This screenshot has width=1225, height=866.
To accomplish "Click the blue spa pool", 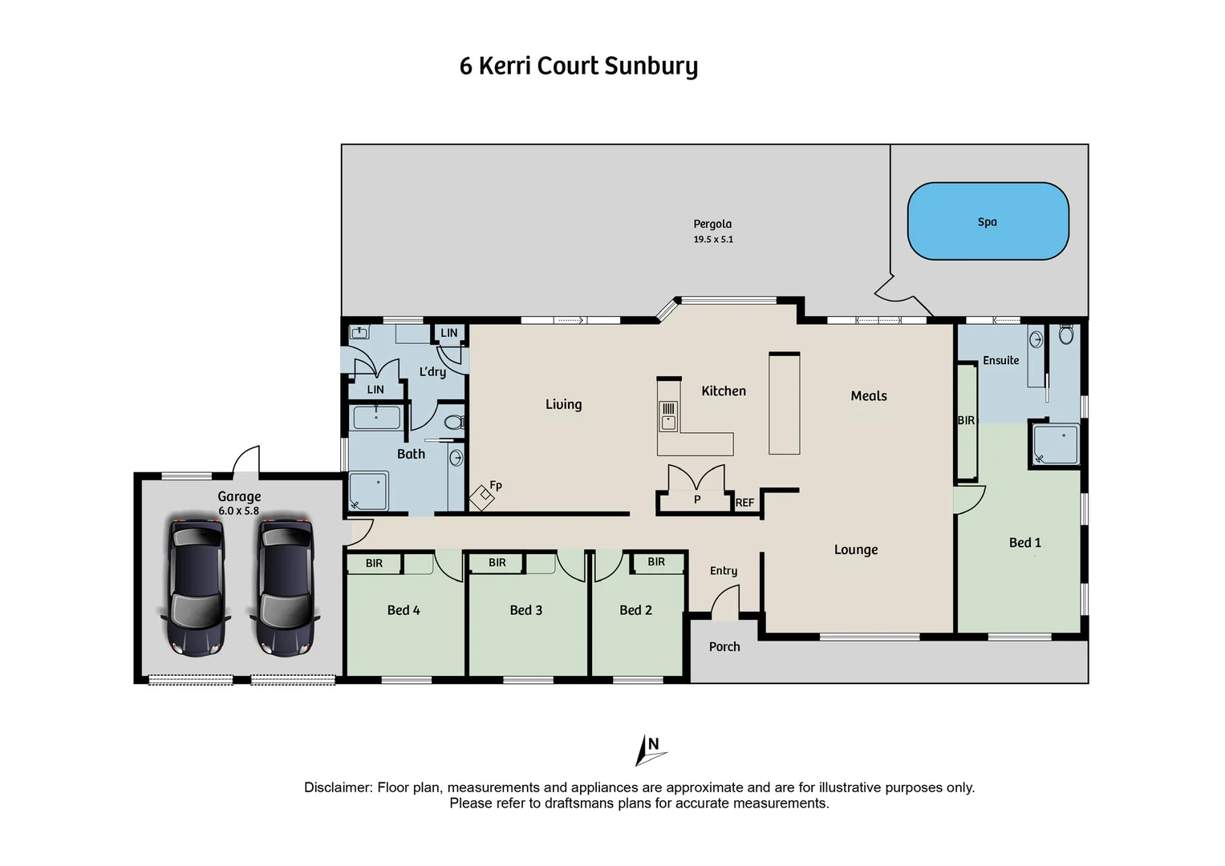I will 988,221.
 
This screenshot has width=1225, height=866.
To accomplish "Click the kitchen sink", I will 667,416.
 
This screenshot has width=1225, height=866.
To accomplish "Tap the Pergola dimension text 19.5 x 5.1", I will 713,239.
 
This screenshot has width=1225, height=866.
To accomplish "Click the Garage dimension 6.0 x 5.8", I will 238,511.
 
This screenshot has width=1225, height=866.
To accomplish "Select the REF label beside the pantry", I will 744,503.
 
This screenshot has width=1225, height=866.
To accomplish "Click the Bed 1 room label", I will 1024,543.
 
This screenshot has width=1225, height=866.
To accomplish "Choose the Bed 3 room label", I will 525,610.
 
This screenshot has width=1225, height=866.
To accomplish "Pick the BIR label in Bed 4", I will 374,564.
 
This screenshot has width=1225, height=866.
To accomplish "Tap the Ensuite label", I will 1000,361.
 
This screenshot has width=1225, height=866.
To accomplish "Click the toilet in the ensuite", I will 1065,334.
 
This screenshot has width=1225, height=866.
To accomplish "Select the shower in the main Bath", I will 368,492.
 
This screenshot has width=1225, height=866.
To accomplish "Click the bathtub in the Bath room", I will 376,418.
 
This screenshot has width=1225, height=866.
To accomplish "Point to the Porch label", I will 724,647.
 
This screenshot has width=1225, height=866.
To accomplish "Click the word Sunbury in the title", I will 651,66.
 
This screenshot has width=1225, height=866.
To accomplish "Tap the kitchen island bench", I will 784,403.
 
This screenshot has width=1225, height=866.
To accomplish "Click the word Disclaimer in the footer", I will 337,787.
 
